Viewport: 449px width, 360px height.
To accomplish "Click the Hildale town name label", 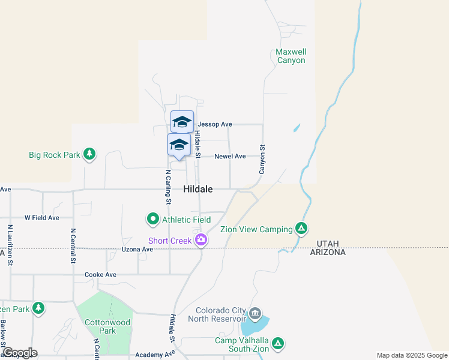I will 197,188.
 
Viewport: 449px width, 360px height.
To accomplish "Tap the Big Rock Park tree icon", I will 89,154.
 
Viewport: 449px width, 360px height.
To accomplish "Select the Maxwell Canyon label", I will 291,56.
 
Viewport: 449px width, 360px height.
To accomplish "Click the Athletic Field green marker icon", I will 153,220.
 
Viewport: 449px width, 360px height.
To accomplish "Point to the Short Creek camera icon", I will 201,241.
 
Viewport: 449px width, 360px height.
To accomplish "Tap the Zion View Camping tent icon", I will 302,229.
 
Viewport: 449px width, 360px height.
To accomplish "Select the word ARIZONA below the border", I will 328,253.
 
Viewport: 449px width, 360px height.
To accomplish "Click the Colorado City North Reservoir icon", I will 255,314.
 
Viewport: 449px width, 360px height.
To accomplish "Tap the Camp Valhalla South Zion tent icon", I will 277,344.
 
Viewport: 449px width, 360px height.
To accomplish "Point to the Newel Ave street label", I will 230,156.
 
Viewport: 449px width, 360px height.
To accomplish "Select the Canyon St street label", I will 262,160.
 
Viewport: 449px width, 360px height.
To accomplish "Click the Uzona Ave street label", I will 137,249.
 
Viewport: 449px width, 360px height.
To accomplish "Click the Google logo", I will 20,353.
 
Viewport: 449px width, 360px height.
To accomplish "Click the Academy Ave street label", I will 155,355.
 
